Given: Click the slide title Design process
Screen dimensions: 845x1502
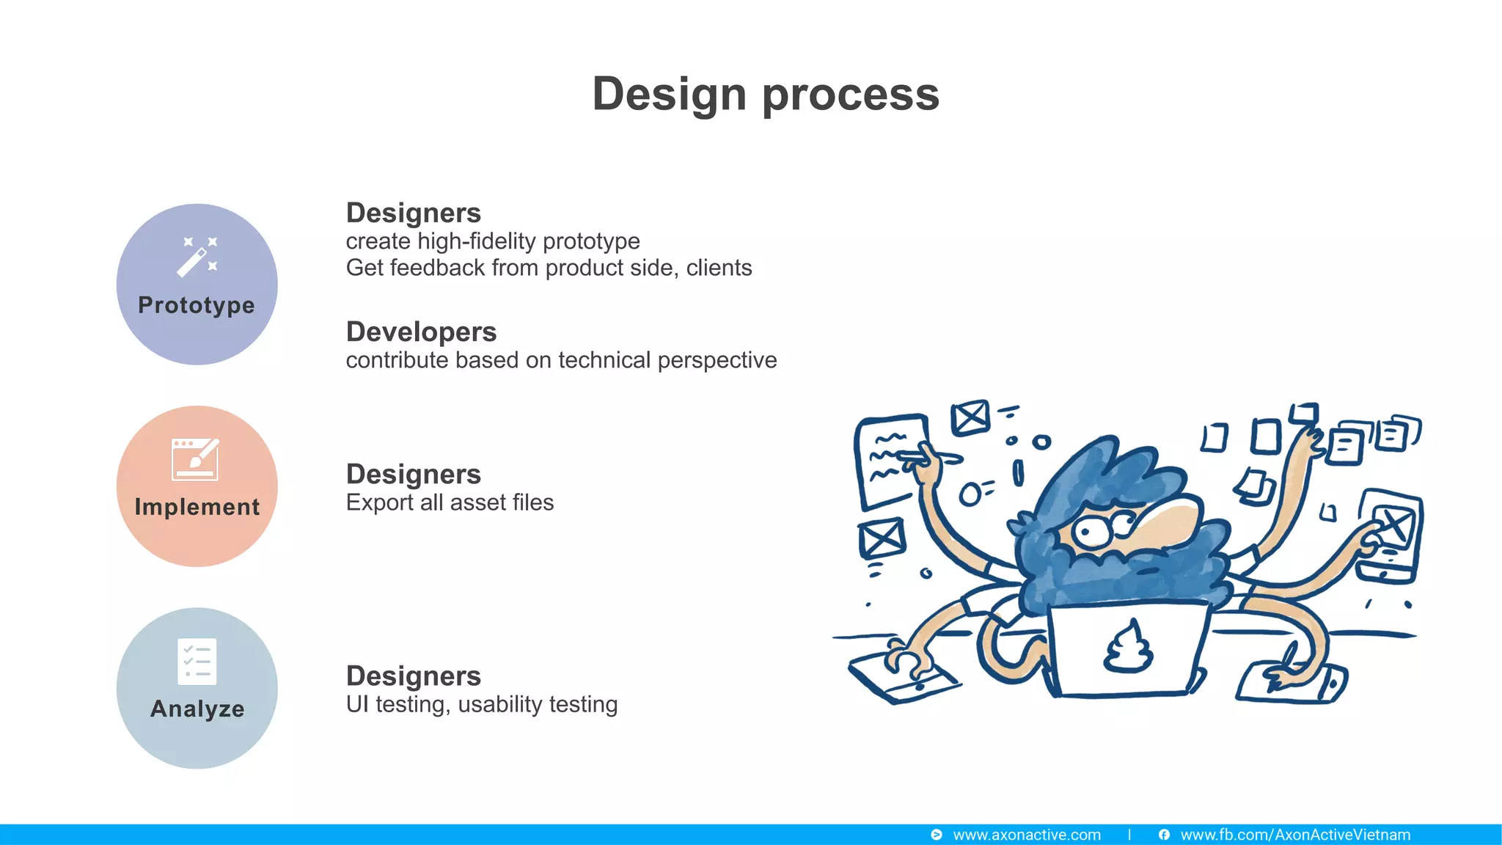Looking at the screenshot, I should (x=766, y=94).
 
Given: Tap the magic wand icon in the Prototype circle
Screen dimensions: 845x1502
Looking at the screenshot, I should (x=197, y=257).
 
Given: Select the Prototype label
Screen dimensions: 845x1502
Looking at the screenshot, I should (x=197, y=305).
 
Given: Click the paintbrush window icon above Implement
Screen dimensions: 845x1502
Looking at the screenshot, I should (x=195, y=459).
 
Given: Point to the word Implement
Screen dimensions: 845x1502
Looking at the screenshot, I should (x=197, y=507).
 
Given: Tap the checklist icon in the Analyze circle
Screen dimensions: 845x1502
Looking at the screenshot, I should (x=197, y=662).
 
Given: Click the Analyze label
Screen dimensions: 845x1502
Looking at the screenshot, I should (x=197, y=709).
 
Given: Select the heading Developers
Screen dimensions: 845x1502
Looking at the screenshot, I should (x=421, y=332).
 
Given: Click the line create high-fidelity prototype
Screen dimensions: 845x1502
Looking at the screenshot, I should (x=493, y=241).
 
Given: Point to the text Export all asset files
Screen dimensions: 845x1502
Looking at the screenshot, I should (x=450, y=502).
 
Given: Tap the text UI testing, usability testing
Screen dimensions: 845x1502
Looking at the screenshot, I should (x=481, y=704).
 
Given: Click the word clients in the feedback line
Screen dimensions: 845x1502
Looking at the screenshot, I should (x=719, y=268).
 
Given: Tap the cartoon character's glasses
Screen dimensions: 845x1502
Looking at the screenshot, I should (x=1104, y=528).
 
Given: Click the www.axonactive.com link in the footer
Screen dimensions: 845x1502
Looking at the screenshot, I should (x=1026, y=835).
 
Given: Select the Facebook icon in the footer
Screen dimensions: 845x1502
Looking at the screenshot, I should (x=1164, y=835).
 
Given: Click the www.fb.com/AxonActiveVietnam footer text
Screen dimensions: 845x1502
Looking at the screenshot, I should (x=1295, y=835).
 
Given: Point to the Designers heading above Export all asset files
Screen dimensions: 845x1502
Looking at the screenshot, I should (x=414, y=475).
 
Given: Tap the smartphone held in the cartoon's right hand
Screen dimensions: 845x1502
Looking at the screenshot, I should (x=1388, y=535).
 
